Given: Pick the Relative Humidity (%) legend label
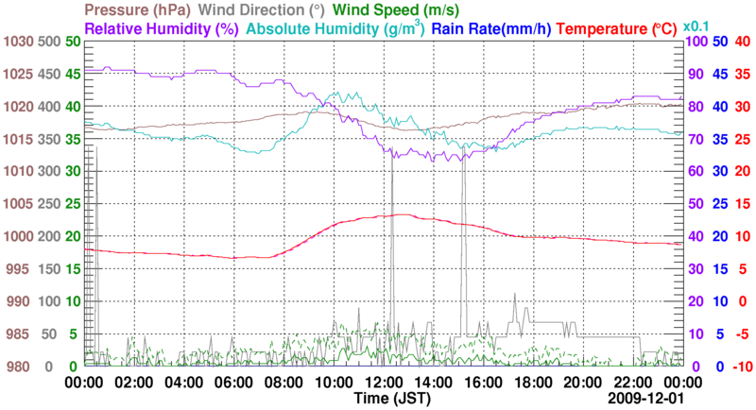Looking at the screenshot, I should (161, 28).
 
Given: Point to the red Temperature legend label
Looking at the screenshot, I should (616, 28).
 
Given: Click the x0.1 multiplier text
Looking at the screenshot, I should (697, 25).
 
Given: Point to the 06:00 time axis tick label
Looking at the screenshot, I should (233, 383).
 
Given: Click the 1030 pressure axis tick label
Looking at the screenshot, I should (17, 42).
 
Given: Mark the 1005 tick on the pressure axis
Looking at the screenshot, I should (17, 204).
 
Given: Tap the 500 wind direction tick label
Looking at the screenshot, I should (48, 42).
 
